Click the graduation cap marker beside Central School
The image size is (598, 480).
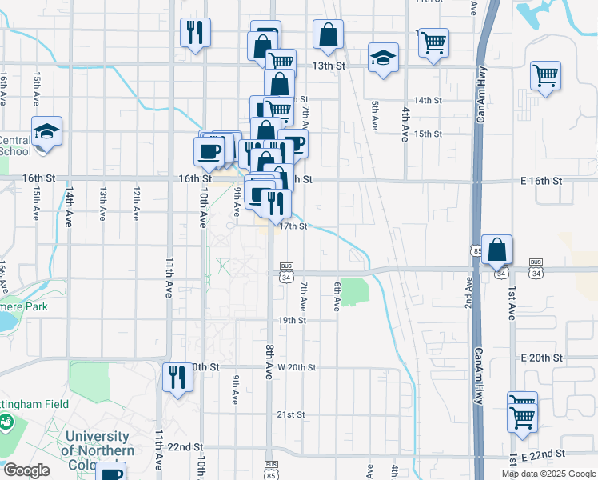47,132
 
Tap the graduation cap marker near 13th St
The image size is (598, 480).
383,58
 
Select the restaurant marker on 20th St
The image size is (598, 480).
177,376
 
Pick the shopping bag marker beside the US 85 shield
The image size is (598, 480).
497,250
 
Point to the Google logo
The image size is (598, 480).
27,471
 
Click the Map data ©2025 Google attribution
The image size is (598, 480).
548,474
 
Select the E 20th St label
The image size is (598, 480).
541,358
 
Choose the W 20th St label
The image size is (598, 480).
297,367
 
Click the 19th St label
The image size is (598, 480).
292,320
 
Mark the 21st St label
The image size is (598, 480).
292,414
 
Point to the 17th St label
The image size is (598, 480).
293,226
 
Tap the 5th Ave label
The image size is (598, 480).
374,116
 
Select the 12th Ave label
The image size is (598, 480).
137,205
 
